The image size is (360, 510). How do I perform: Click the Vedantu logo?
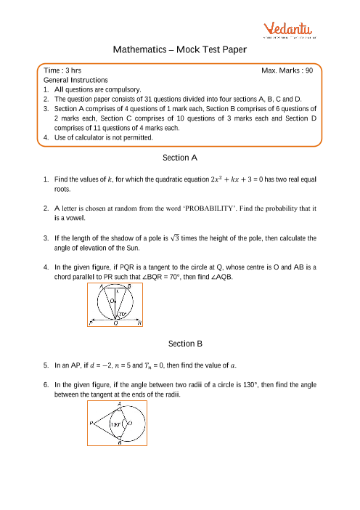(x=289, y=30)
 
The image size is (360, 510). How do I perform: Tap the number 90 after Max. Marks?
(x=309, y=70)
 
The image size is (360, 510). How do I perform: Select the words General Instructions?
(x=75, y=80)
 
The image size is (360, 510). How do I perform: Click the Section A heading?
(x=180, y=158)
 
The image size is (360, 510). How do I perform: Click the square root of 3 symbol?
(x=175, y=238)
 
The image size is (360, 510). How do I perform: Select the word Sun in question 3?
(x=133, y=248)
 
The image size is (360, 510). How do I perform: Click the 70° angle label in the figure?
(x=122, y=314)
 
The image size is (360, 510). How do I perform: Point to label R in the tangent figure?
(x=139, y=323)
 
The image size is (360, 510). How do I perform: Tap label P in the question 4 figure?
(x=91, y=323)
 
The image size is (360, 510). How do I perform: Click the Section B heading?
(x=185, y=344)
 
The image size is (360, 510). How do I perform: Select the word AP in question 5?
(x=75, y=365)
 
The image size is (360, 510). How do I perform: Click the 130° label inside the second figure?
(x=115, y=424)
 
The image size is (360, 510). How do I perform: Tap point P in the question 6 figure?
(x=91, y=423)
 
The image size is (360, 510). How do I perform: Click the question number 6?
(x=46, y=385)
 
